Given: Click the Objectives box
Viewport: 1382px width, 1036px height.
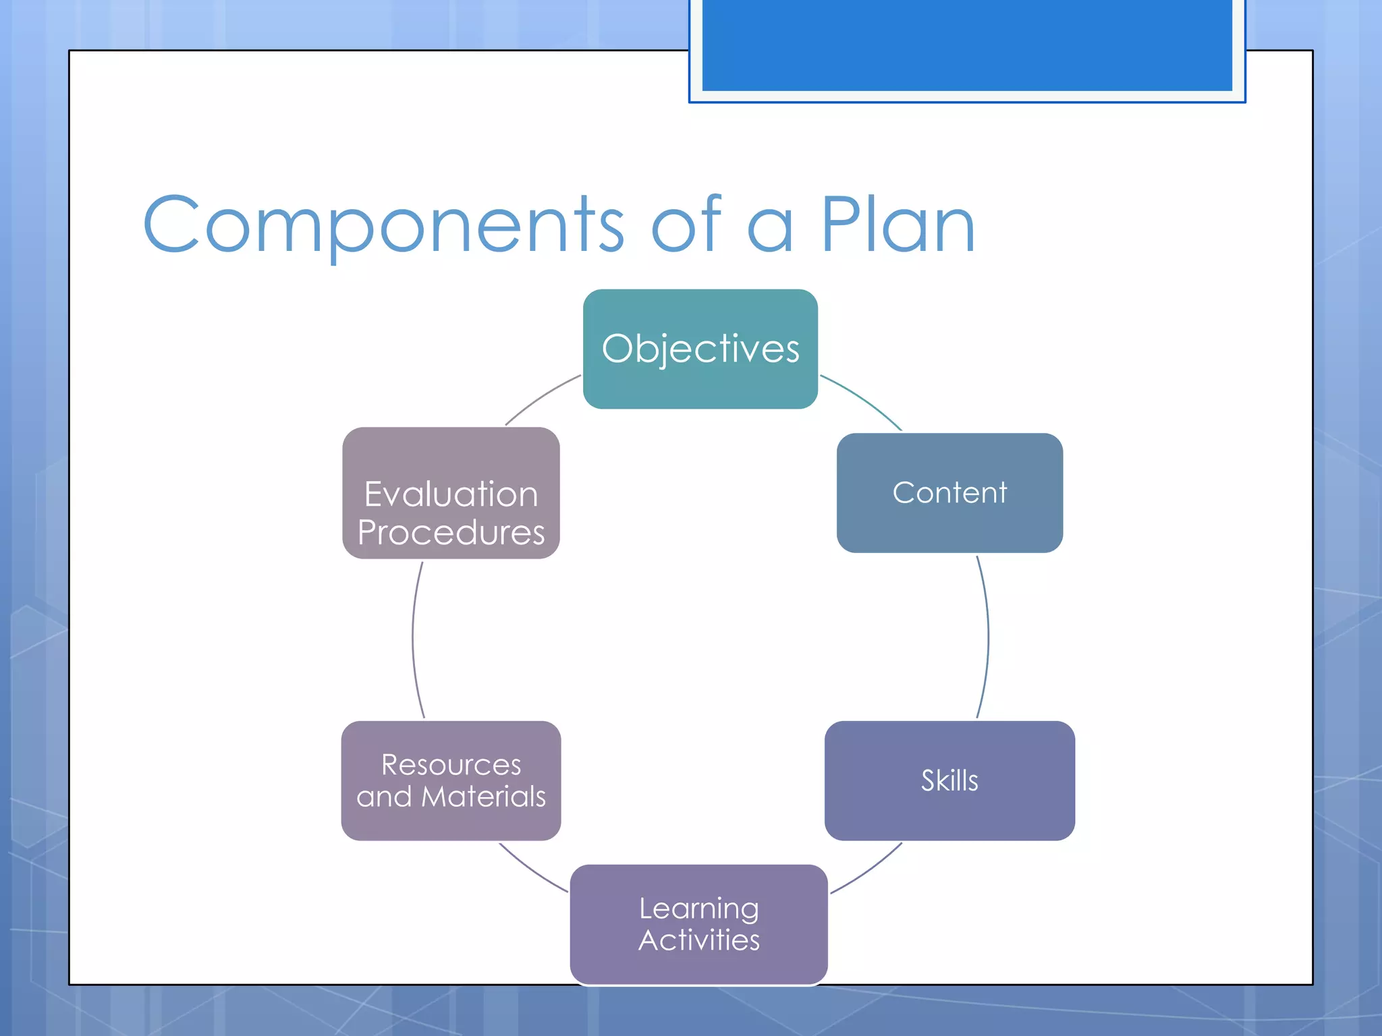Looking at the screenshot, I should pos(700,349).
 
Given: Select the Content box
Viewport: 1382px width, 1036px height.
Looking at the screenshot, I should pos(949,492).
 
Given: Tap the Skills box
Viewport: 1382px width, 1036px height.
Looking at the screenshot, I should pos(949,780).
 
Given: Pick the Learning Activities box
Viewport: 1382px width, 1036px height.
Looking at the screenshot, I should pos(699,924).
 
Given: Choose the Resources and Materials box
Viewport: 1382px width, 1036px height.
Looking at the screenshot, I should pos(451,780).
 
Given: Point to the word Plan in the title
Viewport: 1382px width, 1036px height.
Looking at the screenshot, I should pos(897,225).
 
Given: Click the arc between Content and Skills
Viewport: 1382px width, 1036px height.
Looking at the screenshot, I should pos(988,637).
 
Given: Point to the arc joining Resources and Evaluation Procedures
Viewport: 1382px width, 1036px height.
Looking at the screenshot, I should pos(413,637).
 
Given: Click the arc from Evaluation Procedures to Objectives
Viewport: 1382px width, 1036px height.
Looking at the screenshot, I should pos(540,397).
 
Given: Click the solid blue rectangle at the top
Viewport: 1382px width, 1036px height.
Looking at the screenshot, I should pos(967,45).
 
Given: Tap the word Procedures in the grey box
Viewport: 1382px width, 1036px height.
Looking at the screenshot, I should pos(451,532).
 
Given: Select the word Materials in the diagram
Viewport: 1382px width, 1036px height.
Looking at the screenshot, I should pos(483,797).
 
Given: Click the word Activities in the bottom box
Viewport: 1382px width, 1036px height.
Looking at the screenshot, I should pos(699,940).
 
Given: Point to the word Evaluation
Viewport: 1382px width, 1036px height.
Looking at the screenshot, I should pos(451,494).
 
